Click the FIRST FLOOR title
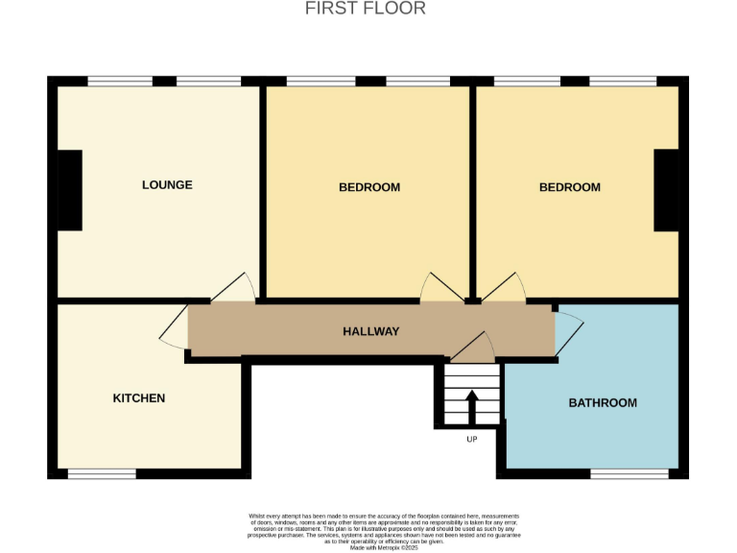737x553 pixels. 365,9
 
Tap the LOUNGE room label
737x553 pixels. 167,184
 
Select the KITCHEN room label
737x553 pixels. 139,397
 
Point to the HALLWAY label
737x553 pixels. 370,331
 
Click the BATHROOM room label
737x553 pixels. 603,402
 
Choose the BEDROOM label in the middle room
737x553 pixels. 368,187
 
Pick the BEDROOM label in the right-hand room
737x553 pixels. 569,187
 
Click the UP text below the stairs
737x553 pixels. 471,439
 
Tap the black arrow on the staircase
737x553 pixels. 471,405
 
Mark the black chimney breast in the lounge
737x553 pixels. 69,190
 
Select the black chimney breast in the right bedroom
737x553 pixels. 666,190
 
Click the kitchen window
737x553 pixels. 101,473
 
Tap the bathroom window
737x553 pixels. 629,473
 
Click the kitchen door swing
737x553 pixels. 175,328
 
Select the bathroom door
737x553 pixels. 568,331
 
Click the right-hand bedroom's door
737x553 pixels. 503,288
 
